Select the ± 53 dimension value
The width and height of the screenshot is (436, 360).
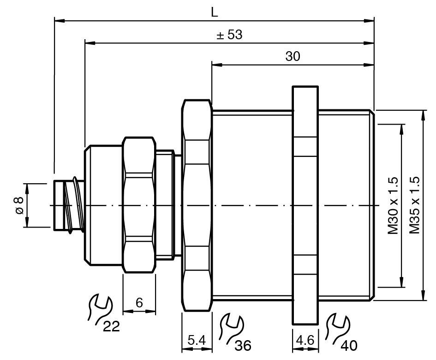[x=229, y=35]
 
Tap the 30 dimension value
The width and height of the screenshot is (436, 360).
[x=293, y=56]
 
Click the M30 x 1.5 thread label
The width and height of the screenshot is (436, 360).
[x=393, y=205]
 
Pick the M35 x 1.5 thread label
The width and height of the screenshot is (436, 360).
[x=414, y=205]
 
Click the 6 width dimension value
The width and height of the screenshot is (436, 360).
[x=139, y=302]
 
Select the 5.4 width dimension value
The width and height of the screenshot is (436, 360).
[x=197, y=341]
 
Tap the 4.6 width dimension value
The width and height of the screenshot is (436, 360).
[x=305, y=341]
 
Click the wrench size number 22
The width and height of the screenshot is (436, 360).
[x=111, y=327]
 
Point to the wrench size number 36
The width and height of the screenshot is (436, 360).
[x=243, y=345]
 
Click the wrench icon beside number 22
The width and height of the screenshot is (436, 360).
[x=99, y=308]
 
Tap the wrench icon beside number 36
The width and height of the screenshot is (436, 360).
[x=229, y=327]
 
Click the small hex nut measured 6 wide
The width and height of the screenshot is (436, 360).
[x=138, y=205]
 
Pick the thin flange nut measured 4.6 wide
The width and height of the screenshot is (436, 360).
[x=305, y=205]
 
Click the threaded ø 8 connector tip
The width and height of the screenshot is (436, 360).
[x=67, y=205]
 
